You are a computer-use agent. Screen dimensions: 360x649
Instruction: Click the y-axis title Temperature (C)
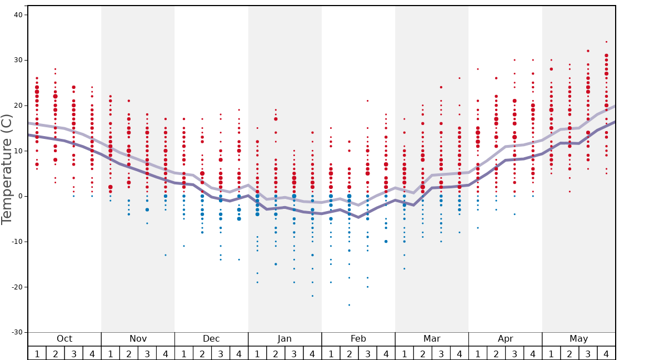pos(7,169)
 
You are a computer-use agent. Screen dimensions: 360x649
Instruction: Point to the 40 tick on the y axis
pos(18,15)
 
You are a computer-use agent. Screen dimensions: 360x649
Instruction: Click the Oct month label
pos(64,339)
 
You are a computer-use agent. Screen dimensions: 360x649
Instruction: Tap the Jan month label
pos(284,339)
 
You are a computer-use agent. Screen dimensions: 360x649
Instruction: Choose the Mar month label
pos(432,339)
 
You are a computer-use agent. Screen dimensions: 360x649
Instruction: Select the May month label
pos(578,339)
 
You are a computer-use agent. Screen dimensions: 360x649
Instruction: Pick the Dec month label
pos(211,339)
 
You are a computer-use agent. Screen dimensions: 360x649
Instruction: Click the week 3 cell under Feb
pos(367,353)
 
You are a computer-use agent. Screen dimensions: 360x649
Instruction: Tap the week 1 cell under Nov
pos(110,353)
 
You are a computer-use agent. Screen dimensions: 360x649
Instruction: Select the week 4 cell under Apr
pos(533,353)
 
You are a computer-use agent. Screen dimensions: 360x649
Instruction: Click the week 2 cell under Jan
pos(276,353)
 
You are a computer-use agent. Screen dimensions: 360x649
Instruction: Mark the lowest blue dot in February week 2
pos(349,305)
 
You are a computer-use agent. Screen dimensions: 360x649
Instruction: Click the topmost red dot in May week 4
pos(606,42)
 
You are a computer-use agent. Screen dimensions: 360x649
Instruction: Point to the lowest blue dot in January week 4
pos(312,296)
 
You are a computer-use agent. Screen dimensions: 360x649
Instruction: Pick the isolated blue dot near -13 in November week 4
pos(165,255)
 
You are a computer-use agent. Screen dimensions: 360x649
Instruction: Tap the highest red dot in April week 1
pos(477,69)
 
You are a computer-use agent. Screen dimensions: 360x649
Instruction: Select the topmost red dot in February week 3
pos(367,101)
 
